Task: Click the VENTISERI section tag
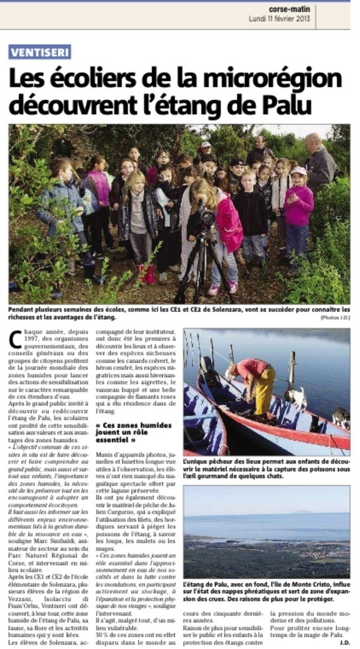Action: [x=40, y=52]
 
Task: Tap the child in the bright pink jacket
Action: [x=228, y=222]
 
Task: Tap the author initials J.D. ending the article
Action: [x=344, y=642]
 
